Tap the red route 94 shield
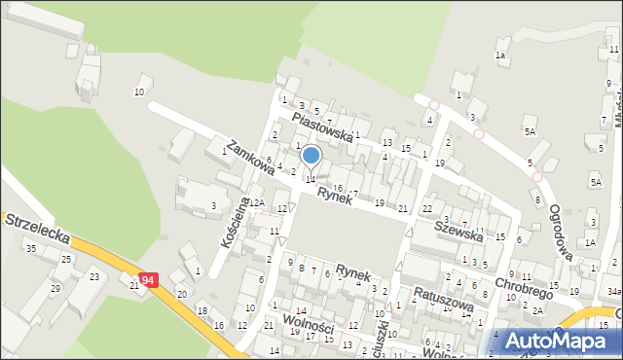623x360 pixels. click(147, 280)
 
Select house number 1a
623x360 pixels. click(500, 55)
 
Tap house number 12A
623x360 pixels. click(255, 202)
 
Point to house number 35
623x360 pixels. click(30, 249)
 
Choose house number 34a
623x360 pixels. click(613, 291)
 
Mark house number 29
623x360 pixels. click(55, 288)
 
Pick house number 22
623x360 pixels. click(426, 209)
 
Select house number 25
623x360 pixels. click(66, 259)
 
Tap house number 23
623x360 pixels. click(94, 276)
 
